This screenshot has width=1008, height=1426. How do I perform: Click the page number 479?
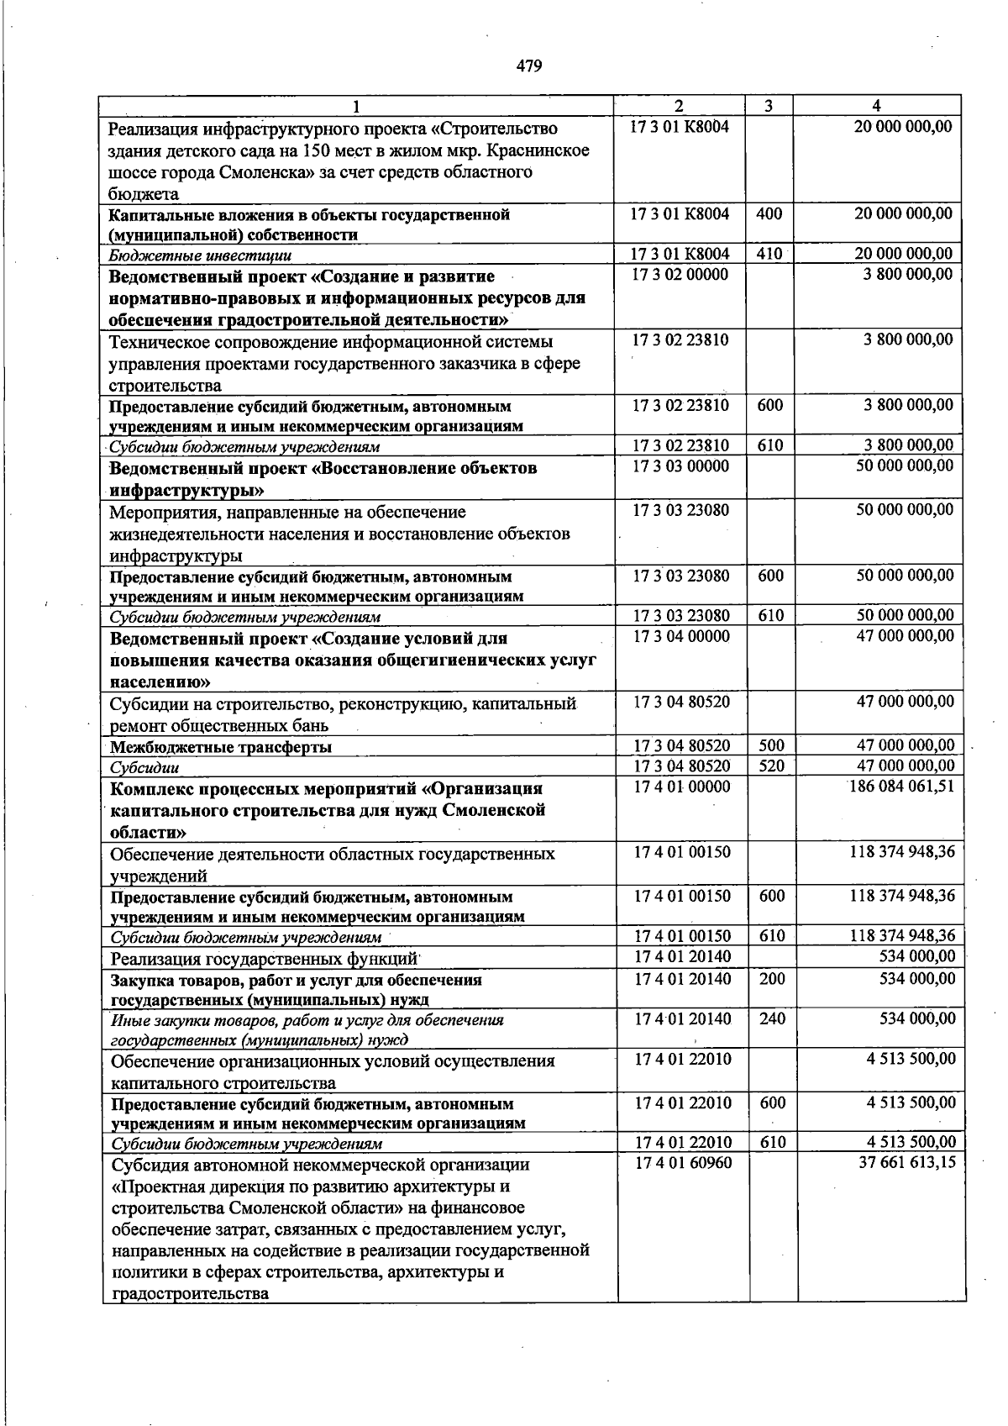[x=529, y=66]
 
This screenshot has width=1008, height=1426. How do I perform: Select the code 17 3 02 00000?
[x=681, y=275]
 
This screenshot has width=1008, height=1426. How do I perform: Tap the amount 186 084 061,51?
[x=902, y=787]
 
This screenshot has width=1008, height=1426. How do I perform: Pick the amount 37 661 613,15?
[x=906, y=1163]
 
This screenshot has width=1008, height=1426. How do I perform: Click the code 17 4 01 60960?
[x=683, y=1163]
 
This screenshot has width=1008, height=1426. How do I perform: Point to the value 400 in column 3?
[x=769, y=213]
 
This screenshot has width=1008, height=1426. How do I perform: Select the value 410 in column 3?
[x=769, y=254]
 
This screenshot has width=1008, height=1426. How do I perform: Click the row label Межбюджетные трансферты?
[x=221, y=747]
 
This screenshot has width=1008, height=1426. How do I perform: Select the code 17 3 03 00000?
[x=681, y=466]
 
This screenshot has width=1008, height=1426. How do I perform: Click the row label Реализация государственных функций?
[x=265, y=959]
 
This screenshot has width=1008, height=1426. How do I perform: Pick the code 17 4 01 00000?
[x=683, y=787]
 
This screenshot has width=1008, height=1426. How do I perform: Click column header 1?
[x=357, y=106]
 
